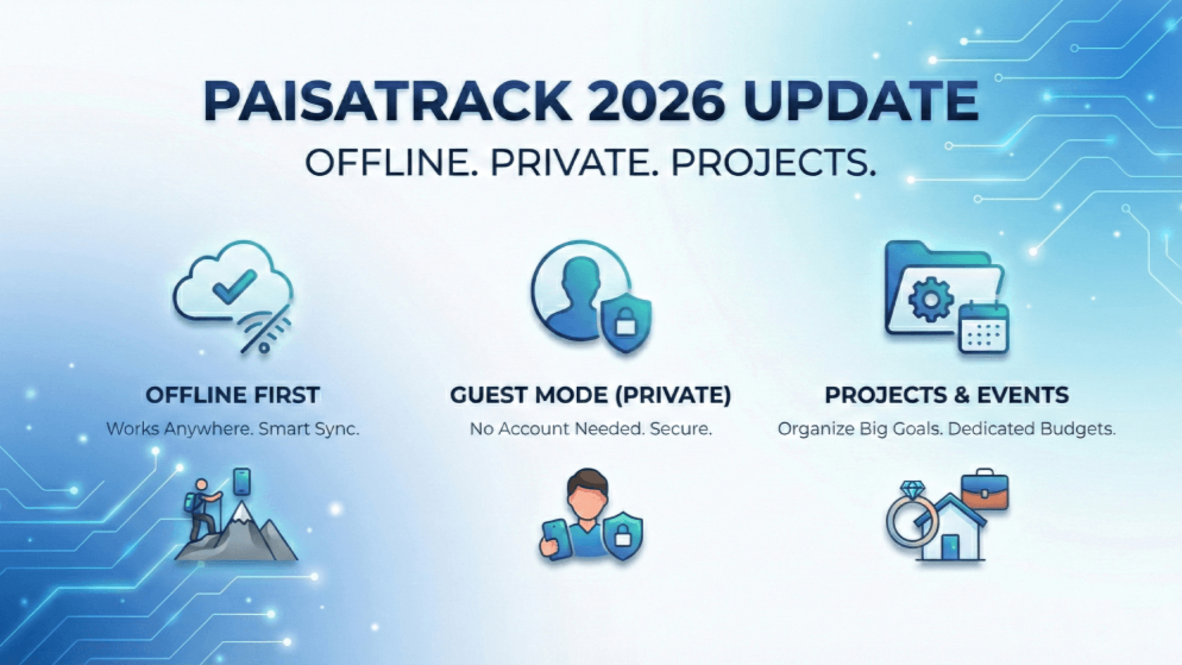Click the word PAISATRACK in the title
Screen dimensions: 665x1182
387,101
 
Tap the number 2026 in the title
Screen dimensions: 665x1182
656,101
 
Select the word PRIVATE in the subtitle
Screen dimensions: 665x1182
570,163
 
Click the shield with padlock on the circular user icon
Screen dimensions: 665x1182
625,323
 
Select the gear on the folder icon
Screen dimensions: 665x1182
930,299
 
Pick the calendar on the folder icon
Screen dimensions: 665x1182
984,329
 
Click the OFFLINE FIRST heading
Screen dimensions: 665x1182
233,395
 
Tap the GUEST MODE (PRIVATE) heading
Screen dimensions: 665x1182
590,395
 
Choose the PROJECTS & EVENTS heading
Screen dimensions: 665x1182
946,395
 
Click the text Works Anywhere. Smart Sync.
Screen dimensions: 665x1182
233,429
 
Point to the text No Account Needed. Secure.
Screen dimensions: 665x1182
590,429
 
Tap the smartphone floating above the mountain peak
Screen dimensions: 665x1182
242,482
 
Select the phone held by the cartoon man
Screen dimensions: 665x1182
556,539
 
